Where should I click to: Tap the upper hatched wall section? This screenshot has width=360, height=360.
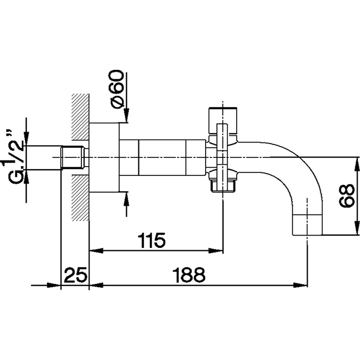pos(80,116)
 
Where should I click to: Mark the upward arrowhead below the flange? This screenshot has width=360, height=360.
pos(125,197)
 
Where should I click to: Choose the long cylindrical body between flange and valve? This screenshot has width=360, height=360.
pos(162,157)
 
